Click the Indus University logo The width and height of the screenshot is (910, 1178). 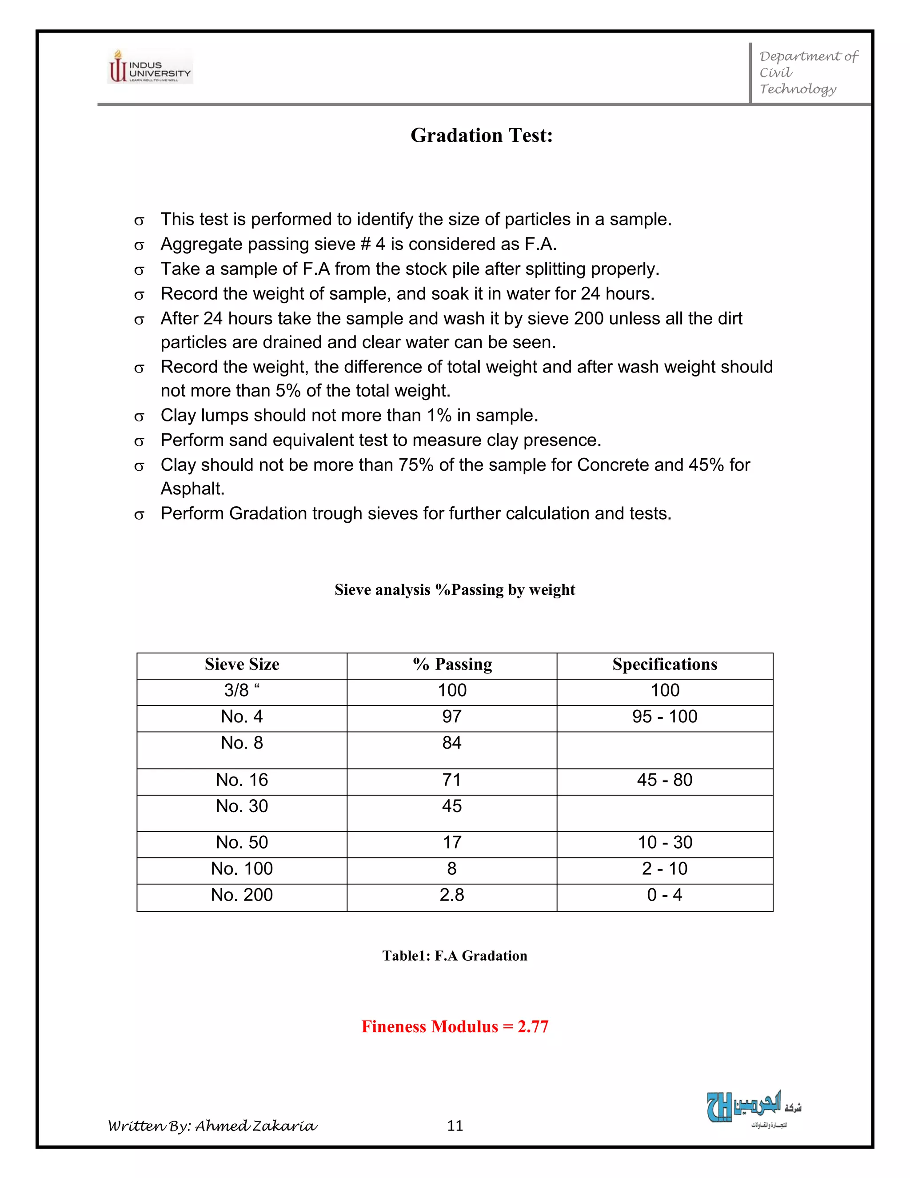pos(150,66)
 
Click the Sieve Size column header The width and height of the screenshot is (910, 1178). pos(242,665)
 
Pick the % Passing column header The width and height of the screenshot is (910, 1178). pos(452,665)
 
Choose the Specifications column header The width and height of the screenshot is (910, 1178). pos(664,665)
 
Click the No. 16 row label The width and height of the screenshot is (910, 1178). pos(242,780)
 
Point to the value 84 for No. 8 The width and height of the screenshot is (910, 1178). pos(452,743)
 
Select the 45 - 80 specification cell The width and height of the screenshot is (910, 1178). pos(664,780)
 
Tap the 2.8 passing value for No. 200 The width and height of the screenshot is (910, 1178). pos(452,895)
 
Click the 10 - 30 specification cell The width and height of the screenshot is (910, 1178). pos(664,842)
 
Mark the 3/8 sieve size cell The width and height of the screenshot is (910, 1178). pos(242,690)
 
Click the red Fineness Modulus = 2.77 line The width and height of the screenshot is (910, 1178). pos(455,1026)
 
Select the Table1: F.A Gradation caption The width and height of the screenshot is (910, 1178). pos(455,956)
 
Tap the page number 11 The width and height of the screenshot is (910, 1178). pos(455,1126)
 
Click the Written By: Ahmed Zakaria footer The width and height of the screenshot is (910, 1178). pos(212,1126)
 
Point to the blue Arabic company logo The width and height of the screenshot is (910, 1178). pos(753,1107)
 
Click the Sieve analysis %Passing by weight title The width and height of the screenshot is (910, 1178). pos(455,589)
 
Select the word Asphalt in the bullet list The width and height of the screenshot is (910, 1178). pos(192,489)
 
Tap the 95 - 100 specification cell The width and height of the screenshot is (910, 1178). pos(664,717)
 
